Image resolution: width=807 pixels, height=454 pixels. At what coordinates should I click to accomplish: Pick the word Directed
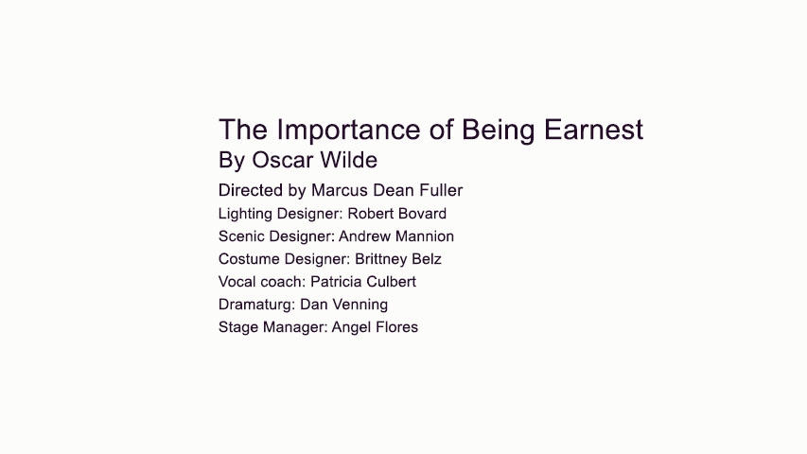[x=250, y=190]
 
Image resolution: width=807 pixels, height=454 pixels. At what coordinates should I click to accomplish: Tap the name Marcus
[x=339, y=190]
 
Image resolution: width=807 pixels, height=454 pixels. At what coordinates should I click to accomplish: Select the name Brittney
[x=382, y=259]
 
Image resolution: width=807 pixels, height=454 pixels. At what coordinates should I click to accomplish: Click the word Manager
[x=293, y=327]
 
